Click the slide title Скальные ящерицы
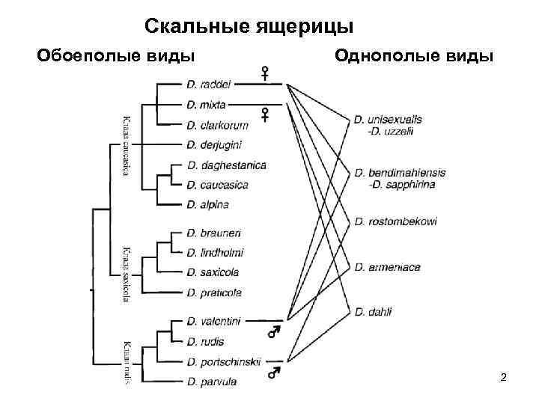tap(249, 27)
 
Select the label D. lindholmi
tap(215, 253)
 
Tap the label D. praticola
tap(213, 292)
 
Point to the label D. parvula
tap(213, 382)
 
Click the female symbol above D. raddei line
tap(264, 74)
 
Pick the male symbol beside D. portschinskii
tap(275, 370)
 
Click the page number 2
tap(504, 376)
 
